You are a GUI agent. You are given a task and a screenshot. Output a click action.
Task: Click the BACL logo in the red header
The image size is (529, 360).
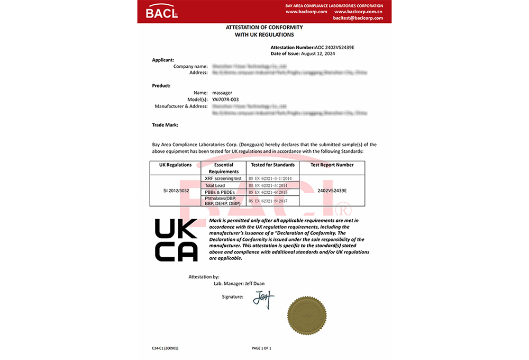point(162,11)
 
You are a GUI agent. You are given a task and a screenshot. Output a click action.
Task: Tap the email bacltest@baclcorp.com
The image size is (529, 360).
point(358,18)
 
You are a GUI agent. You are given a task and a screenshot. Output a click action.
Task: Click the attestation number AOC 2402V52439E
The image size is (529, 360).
point(334,48)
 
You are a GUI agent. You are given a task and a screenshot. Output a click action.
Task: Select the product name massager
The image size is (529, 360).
point(222,93)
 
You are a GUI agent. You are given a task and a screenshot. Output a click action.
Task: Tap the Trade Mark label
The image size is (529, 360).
point(165,125)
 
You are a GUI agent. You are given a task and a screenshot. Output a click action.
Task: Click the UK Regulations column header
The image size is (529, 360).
point(175,165)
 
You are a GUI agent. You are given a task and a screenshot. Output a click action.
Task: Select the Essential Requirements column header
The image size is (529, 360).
point(224,168)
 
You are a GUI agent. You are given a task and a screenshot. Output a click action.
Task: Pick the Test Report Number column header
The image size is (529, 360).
point(332,165)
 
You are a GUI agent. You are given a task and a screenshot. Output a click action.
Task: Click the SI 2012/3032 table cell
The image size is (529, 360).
point(175,190)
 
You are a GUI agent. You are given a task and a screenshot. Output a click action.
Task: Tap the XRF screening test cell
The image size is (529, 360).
point(223,178)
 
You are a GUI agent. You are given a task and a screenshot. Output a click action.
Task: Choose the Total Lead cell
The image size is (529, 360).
point(215,185)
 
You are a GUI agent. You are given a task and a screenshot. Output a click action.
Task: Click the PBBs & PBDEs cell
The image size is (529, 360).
point(220,192)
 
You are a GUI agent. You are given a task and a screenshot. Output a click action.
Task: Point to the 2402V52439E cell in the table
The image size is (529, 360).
point(332,190)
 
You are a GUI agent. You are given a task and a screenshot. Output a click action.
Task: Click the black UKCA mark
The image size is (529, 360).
point(176,239)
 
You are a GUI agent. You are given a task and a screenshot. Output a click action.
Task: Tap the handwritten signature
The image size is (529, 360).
point(263,299)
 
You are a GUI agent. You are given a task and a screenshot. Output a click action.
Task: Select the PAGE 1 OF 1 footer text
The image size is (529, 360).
point(261,348)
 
